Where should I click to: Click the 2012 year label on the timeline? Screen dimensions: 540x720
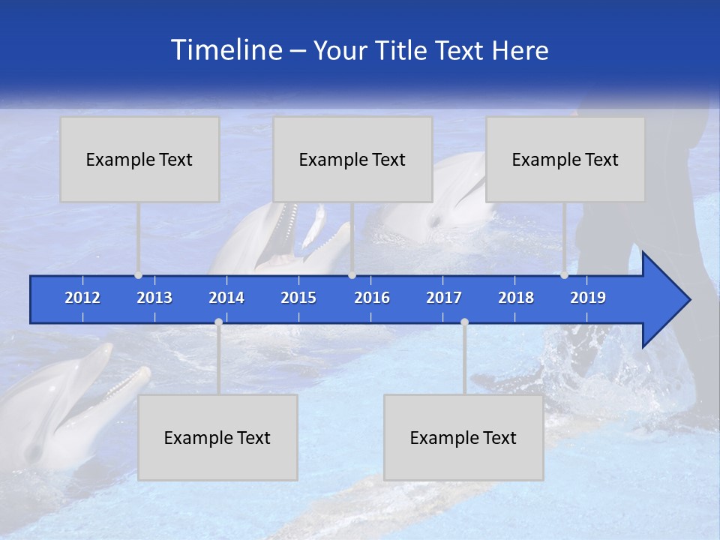tap(82, 298)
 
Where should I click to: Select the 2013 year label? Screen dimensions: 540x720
tap(154, 298)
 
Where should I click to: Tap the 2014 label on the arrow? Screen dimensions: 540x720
tap(226, 298)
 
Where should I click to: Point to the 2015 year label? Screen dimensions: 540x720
tap(298, 298)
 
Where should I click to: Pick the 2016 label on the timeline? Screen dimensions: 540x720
tap(372, 298)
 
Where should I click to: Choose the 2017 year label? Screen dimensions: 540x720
tap(444, 298)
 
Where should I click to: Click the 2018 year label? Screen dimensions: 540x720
tap(516, 298)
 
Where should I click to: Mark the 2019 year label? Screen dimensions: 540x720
tap(588, 298)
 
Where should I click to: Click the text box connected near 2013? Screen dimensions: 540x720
tap(139, 159)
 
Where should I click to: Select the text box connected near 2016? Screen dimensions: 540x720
tap(352, 159)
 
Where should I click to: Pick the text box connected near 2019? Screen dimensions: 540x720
tap(565, 159)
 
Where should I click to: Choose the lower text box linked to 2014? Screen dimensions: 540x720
tap(217, 437)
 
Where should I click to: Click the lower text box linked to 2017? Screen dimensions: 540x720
tap(463, 437)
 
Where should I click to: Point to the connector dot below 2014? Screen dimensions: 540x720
tap(218, 322)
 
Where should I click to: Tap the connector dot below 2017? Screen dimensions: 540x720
tap(464, 322)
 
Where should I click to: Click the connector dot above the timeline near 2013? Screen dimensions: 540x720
tap(139, 275)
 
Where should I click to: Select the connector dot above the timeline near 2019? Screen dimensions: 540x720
tap(565, 275)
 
